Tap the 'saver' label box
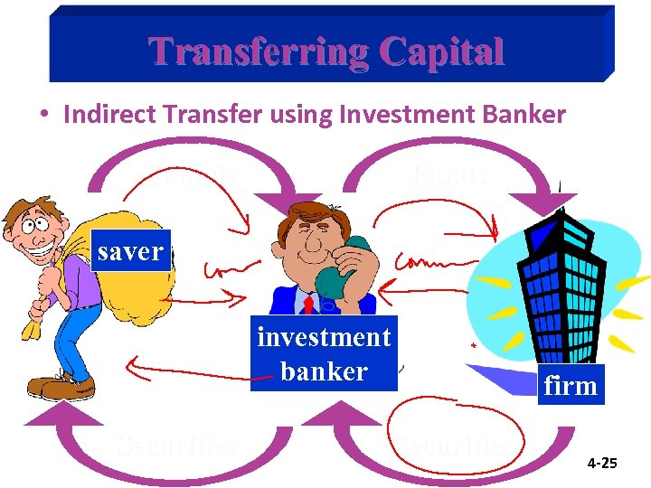pyautogui.click(x=130, y=252)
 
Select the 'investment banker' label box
pyautogui.click(x=324, y=354)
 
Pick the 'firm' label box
pyautogui.click(x=570, y=386)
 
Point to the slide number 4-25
pyautogui.click(x=601, y=464)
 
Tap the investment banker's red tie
pyautogui.click(x=308, y=305)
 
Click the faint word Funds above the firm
pyautogui.click(x=448, y=174)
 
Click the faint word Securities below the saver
pyautogui.click(x=176, y=444)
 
